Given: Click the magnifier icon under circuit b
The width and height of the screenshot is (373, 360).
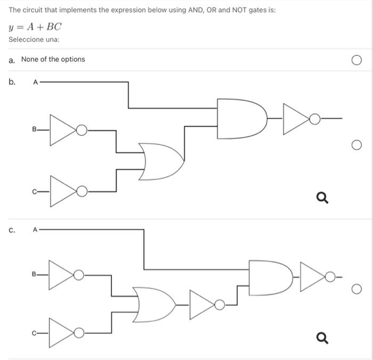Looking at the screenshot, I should pos(322,199).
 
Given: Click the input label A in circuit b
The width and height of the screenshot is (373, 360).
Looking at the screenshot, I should pos(36,83).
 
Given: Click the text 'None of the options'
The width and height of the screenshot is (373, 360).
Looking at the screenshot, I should pos(53,59).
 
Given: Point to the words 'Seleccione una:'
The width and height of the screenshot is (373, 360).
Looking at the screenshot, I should pos(34,40).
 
